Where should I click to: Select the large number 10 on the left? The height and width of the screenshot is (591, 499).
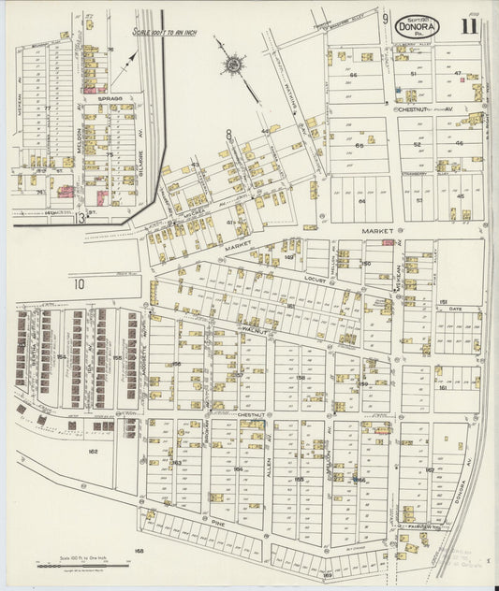[80, 283]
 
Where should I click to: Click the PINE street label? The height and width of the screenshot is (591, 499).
[217, 525]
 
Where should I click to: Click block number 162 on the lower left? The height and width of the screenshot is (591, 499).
[93, 451]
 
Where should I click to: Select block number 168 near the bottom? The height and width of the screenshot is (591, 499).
[139, 551]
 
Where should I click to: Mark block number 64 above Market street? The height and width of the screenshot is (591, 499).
[360, 200]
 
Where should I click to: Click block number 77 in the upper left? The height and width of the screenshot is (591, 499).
[46, 108]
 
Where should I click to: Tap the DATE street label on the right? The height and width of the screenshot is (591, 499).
[455, 309]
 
